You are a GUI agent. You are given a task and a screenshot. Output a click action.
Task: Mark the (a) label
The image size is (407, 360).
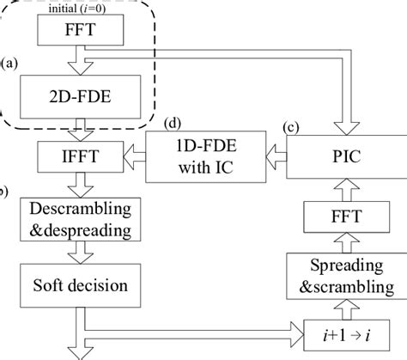pos(9,63)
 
